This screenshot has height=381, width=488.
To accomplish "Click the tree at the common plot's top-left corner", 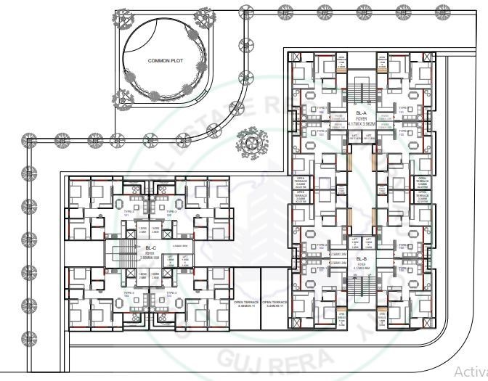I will tap(118, 16).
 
